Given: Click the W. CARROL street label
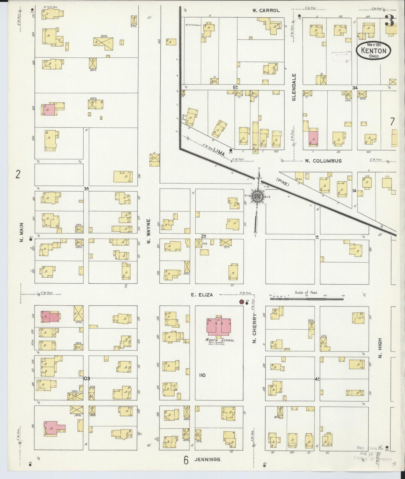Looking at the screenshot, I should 266,10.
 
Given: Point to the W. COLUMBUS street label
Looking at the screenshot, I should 323,161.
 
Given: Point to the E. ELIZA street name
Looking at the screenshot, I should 202,295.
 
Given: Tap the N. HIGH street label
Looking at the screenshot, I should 380,348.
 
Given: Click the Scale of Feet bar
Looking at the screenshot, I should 307,299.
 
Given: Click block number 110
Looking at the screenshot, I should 202,375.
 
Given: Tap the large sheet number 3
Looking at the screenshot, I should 390,20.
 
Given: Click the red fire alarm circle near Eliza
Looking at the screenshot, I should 241,302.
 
